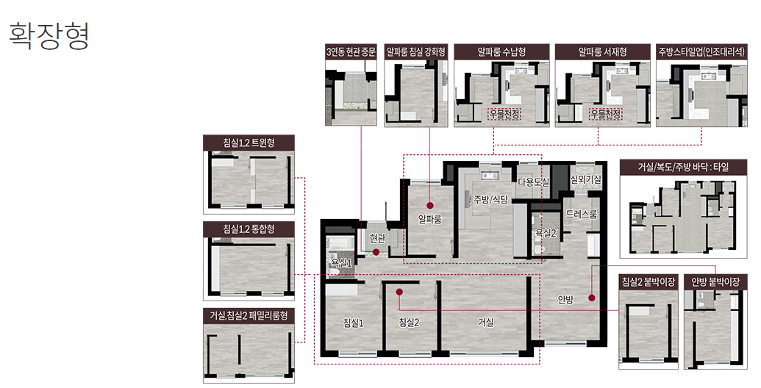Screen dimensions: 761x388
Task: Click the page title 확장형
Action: (49, 35)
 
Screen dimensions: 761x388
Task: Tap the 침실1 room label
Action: (354, 323)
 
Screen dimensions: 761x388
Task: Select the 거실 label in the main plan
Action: (485, 322)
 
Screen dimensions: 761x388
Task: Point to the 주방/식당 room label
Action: (490, 199)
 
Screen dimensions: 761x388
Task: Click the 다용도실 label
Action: (533, 182)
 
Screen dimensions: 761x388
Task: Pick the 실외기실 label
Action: (586, 179)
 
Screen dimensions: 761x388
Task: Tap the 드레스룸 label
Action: (581, 214)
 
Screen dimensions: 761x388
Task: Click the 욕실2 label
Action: (546, 233)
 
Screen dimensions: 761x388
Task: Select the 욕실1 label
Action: (341, 262)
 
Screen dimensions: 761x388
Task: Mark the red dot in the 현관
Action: (376, 252)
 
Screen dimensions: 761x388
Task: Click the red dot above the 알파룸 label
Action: (430, 205)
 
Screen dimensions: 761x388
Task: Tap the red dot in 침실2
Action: (399, 292)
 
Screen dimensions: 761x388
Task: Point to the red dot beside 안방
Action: (592, 298)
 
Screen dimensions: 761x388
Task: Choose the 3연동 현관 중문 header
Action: (351, 52)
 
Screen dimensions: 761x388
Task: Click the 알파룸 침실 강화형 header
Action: (416, 52)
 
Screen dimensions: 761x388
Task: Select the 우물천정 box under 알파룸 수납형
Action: (504, 115)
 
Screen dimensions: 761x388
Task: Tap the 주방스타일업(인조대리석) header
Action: (701, 52)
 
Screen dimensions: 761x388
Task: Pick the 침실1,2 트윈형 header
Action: (249, 143)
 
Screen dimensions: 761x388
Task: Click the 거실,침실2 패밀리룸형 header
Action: (249, 315)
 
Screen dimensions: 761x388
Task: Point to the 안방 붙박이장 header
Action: (715, 281)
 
